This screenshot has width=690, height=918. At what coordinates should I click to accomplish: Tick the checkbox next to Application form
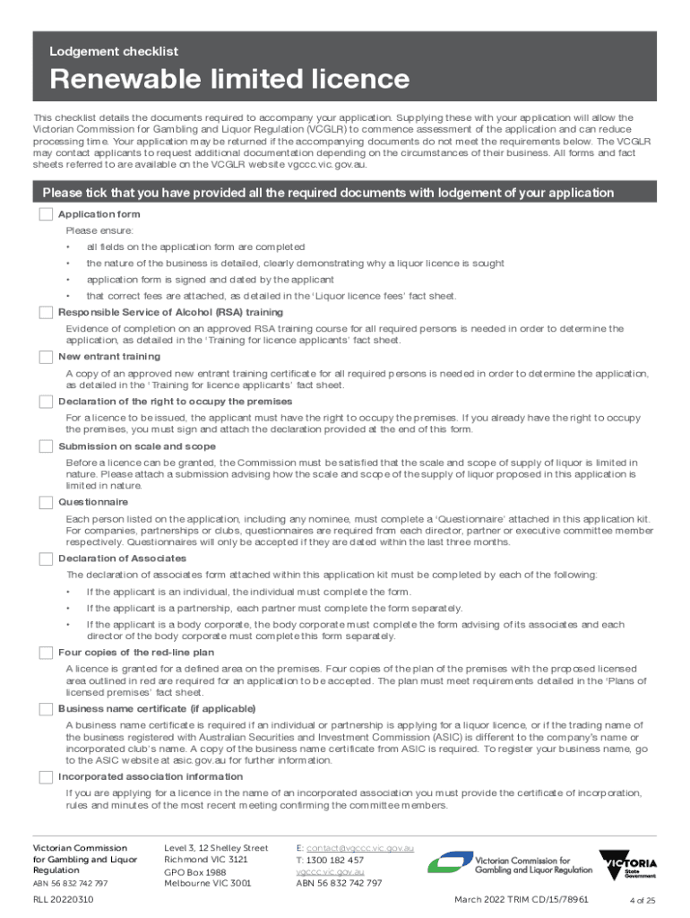click(46, 215)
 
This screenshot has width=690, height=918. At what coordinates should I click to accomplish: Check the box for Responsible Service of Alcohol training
click(46, 312)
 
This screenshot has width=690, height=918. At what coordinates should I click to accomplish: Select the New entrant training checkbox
click(46, 357)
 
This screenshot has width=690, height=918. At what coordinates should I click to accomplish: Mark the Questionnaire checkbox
click(46, 502)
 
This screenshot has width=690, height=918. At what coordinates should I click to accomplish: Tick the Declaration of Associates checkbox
click(46, 559)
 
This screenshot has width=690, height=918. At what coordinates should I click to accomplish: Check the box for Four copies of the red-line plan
click(46, 653)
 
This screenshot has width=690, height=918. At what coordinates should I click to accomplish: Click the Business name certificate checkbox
click(46, 709)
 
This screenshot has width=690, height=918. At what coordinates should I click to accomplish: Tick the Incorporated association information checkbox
click(46, 776)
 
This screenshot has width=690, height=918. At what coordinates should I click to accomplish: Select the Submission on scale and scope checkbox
click(46, 446)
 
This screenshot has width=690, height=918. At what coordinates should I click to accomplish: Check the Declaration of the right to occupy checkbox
click(46, 402)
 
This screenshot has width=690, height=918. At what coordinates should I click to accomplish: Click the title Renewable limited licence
click(229, 80)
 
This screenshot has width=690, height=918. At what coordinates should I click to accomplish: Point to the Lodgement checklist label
click(114, 52)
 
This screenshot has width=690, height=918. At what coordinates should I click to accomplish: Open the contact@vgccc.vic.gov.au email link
click(359, 847)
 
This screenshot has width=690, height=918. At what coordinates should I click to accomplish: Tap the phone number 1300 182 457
click(334, 859)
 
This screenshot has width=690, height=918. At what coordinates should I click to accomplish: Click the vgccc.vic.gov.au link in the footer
click(330, 870)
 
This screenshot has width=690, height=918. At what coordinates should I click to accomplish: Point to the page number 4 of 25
click(644, 900)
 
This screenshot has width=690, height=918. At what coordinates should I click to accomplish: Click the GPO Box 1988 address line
click(195, 871)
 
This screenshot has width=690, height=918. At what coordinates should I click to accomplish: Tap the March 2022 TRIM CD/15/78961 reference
click(521, 899)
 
